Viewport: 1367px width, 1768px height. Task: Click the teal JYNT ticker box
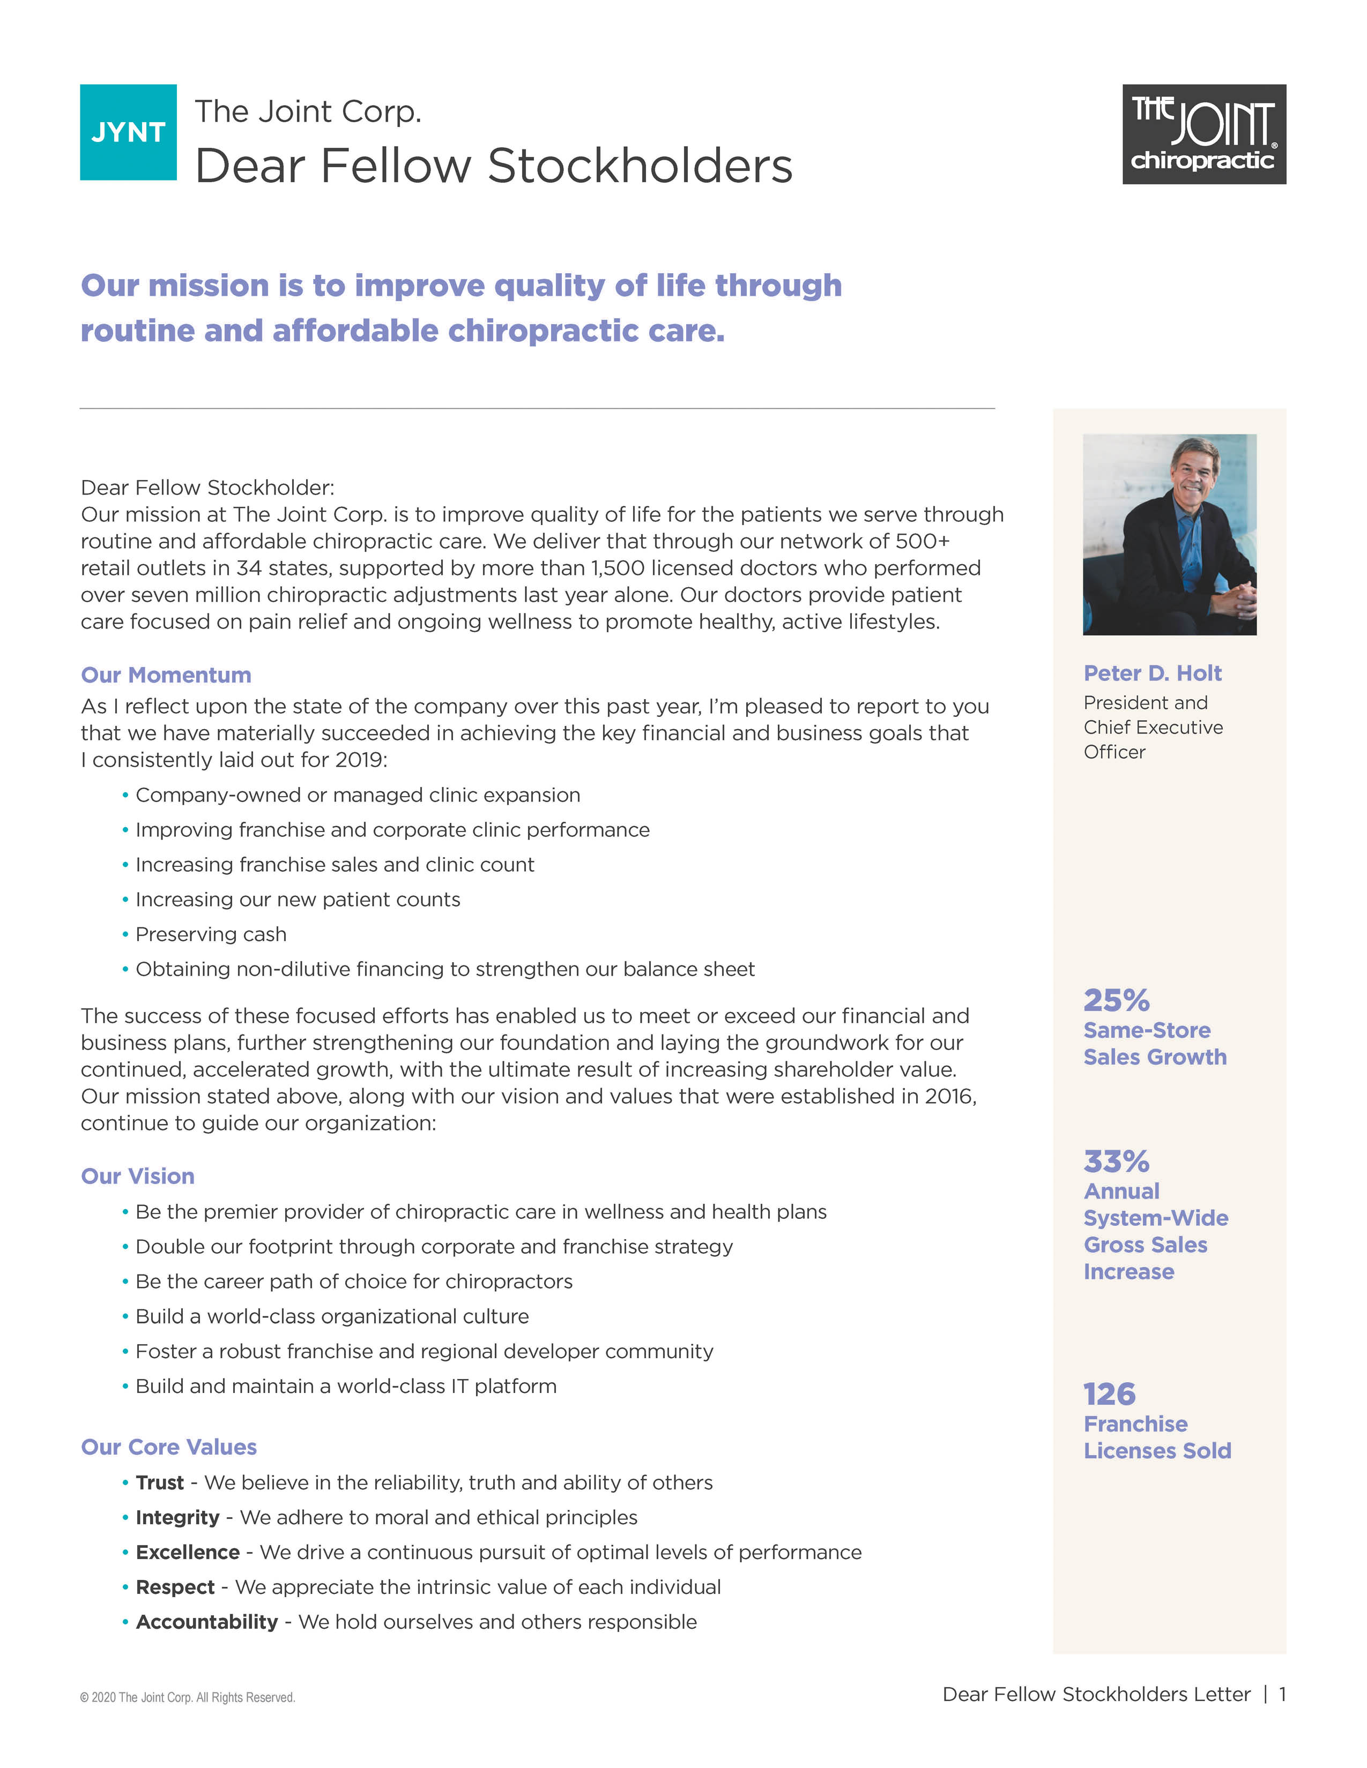tap(128, 132)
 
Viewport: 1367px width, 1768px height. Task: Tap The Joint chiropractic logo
tap(1203, 134)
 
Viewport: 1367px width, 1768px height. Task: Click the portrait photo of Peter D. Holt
tap(1169, 534)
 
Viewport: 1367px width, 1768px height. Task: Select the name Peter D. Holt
tap(1153, 673)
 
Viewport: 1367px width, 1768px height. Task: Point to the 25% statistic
tap(1116, 1001)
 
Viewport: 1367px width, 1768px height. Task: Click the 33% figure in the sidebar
tap(1116, 1162)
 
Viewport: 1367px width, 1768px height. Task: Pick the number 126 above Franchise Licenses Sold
tap(1110, 1394)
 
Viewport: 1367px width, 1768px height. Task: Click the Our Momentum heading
tap(166, 675)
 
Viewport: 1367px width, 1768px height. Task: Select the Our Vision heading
tap(138, 1176)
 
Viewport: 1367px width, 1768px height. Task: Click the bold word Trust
tap(160, 1482)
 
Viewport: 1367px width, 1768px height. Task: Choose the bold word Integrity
tap(177, 1517)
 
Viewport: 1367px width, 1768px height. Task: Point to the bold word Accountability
tap(206, 1622)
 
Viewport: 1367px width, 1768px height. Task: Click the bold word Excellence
tap(187, 1552)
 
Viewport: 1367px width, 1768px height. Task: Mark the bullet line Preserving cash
tap(211, 934)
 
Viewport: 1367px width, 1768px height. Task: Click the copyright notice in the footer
tap(187, 1698)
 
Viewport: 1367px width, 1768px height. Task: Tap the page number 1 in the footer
tap(1282, 1694)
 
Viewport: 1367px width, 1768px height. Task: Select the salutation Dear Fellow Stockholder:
tap(207, 488)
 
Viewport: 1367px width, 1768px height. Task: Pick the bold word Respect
tap(175, 1587)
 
